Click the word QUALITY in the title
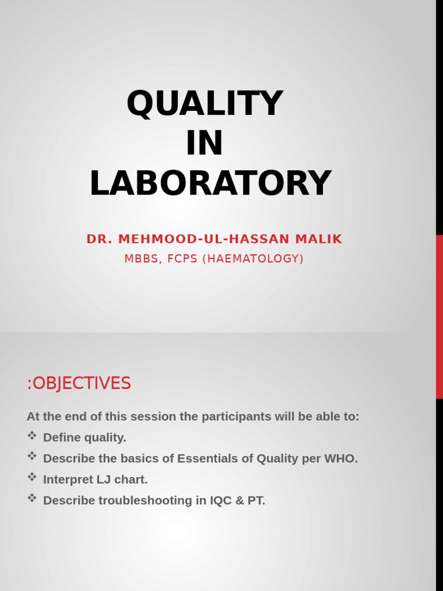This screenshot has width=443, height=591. point(204,104)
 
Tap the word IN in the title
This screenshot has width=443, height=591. point(204,144)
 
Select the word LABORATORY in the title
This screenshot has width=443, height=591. point(210,184)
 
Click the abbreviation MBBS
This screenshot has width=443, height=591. point(142,259)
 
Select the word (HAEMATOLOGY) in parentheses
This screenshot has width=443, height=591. point(253,259)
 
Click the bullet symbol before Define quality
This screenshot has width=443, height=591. point(32,436)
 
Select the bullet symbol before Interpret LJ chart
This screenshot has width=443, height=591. point(32,477)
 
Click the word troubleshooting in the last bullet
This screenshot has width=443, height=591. point(145,501)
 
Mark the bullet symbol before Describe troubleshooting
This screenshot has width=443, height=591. point(32,498)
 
